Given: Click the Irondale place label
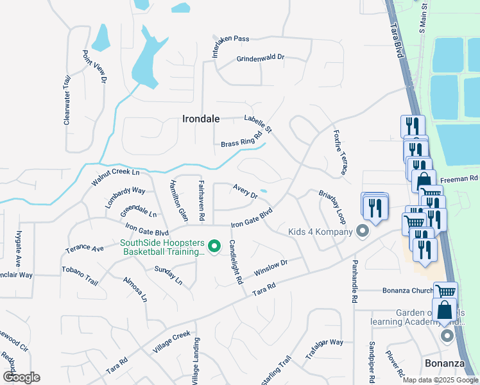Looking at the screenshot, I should pyautogui.click(x=201, y=119).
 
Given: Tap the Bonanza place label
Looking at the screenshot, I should pyautogui.click(x=445, y=363).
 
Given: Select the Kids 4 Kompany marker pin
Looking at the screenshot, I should pyautogui.click(x=363, y=231).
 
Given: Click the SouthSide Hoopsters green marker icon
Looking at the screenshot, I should pyautogui.click(x=216, y=246).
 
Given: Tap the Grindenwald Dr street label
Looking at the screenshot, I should pyautogui.click(x=260, y=58).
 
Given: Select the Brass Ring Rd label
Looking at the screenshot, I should pyautogui.click(x=242, y=139).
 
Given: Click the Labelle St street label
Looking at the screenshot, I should pyautogui.click(x=258, y=123).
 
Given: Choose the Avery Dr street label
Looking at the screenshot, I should pyautogui.click(x=245, y=191).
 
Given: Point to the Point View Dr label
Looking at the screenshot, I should pyautogui.click(x=94, y=67).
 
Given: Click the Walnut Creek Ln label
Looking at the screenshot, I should pyautogui.click(x=115, y=173).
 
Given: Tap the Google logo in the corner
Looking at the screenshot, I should pyautogui.click(x=21, y=377).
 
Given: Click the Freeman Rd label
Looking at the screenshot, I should pyautogui.click(x=464, y=178).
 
